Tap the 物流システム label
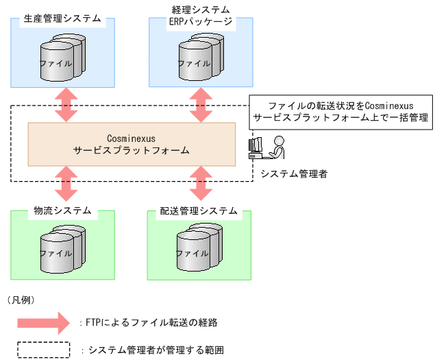[x=62, y=211]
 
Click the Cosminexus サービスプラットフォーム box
[x=131, y=144]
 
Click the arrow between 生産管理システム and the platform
[x=66, y=104]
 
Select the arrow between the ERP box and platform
[x=201, y=104]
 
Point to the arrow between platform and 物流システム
[x=66, y=182]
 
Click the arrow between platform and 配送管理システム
[x=201, y=182]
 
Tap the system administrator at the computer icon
[x=268, y=148]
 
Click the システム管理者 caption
[x=294, y=174]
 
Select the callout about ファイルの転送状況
[x=340, y=112]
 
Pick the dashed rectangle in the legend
[x=43, y=350]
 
